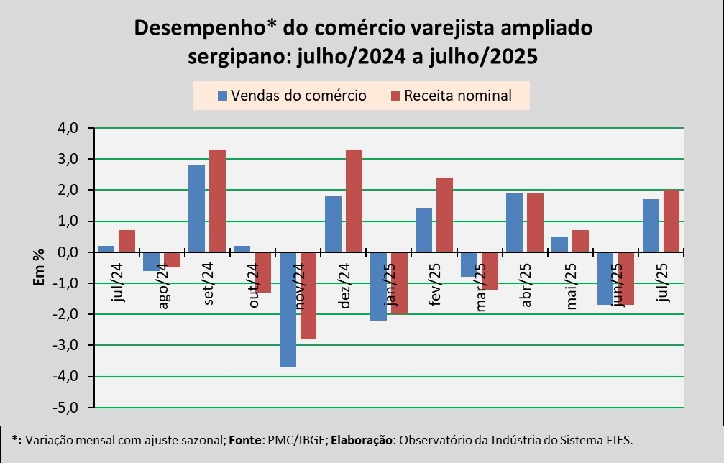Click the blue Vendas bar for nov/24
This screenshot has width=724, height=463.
pyautogui.click(x=288, y=309)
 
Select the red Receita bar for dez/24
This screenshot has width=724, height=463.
pyautogui.click(x=354, y=201)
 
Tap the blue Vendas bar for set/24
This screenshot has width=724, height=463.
pyautogui.click(x=196, y=208)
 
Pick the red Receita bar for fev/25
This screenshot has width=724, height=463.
pyautogui.click(x=444, y=215)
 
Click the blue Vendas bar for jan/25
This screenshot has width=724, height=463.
pyautogui.click(x=378, y=286)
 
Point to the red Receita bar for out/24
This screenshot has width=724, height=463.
pyautogui.click(x=263, y=272)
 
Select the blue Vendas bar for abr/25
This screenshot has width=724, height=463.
pyautogui.click(x=514, y=223)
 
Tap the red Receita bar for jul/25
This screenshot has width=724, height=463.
pyautogui.click(x=671, y=221)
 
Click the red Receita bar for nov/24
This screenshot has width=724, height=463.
pyautogui.click(x=308, y=295)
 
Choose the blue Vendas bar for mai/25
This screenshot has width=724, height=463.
pyautogui.click(x=559, y=244)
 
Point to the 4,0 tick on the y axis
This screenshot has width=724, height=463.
pyautogui.click(x=70, y=128)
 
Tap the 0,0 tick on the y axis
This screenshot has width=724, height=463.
pyautogui.click(x=70, y=252)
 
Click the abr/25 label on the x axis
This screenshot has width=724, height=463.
pyautogui.click(x=528, y=283)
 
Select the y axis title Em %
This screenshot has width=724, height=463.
pyautogui.click(x=39, y=268)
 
